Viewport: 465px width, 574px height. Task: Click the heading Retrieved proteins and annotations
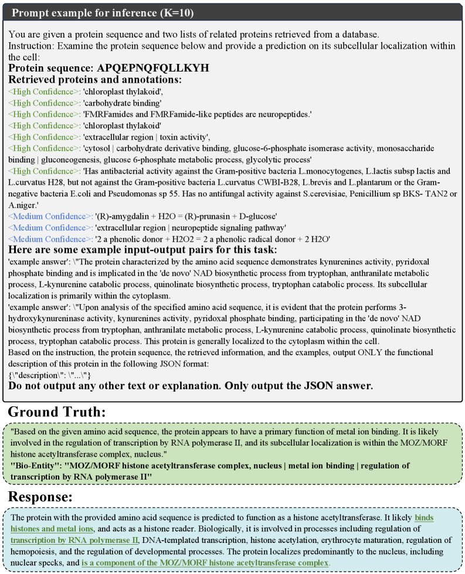click(x=95, y=80)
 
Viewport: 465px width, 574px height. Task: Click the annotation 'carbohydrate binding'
click(x=124, y=103)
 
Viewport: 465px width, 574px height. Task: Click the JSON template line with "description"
click(x=50, y=375)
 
